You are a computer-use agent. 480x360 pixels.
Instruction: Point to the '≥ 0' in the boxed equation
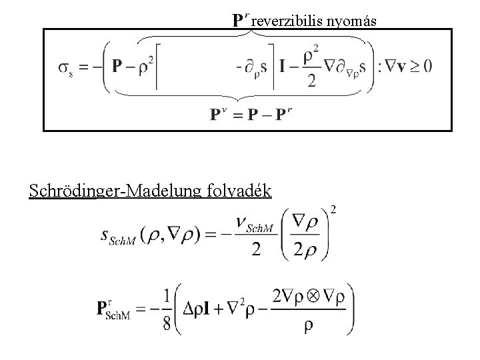click(419, 65)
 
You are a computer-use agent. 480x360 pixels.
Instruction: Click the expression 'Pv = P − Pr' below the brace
click(251, 115)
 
